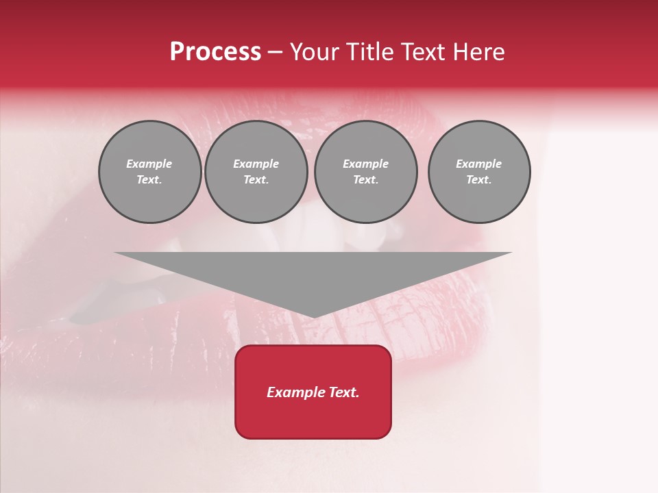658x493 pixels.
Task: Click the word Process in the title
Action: (215, 52)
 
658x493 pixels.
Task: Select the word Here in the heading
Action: (478, 52)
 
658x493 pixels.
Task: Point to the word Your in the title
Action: (316, 52)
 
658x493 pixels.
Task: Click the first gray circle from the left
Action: (149, 172)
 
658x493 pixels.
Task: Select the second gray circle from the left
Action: (256, 172)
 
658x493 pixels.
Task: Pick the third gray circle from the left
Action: (366, 172)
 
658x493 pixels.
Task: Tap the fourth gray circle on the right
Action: (479, 172)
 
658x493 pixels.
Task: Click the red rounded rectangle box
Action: (313, 392)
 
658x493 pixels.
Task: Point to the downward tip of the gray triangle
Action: (313, 316)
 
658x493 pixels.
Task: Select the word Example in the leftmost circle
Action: (149, 164)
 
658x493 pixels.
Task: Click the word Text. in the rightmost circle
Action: (479, 180)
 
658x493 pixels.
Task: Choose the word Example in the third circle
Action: (366, 164)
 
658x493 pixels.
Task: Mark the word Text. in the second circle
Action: (256, 180)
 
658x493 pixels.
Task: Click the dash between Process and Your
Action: (275, 53)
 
